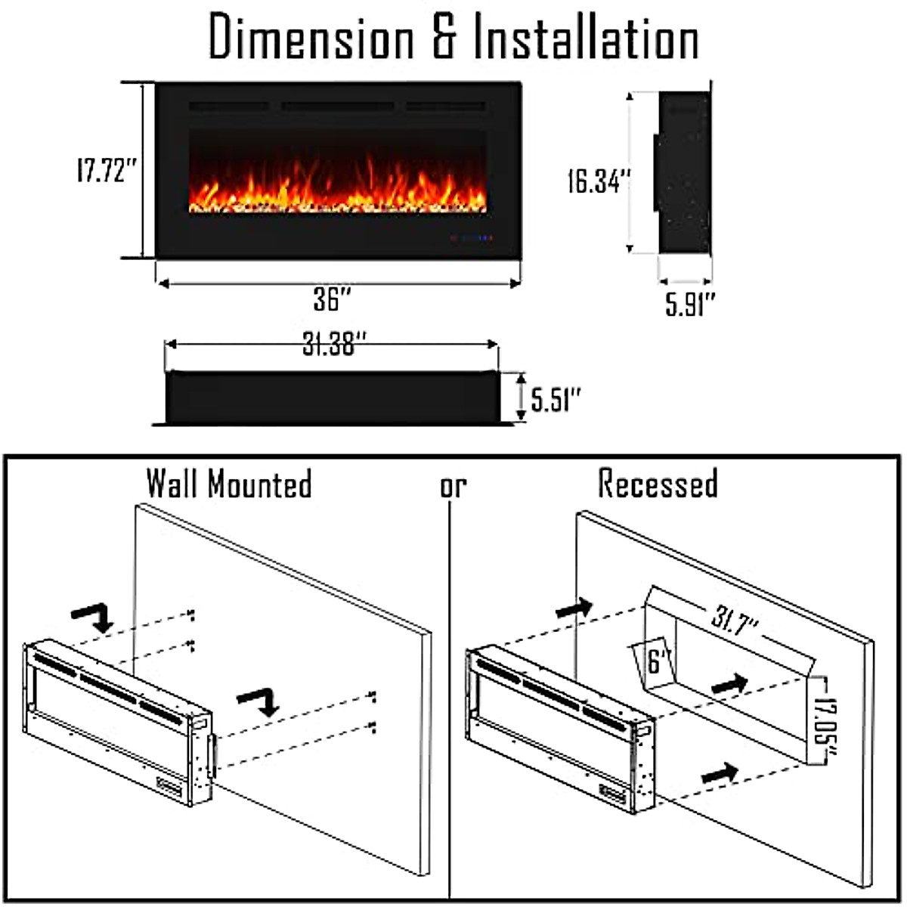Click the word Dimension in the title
(x=311, y=39)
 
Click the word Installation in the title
(x=585, y=39)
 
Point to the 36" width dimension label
(x=333, y=300)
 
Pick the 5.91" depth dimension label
(x=689, y=305)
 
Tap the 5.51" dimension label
(x=556, y=398)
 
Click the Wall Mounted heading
(x=228, y=484)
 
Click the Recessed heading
(x=658, y=484)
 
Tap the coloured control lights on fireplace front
(x=472, y=238)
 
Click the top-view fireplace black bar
(x=331, y=398)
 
